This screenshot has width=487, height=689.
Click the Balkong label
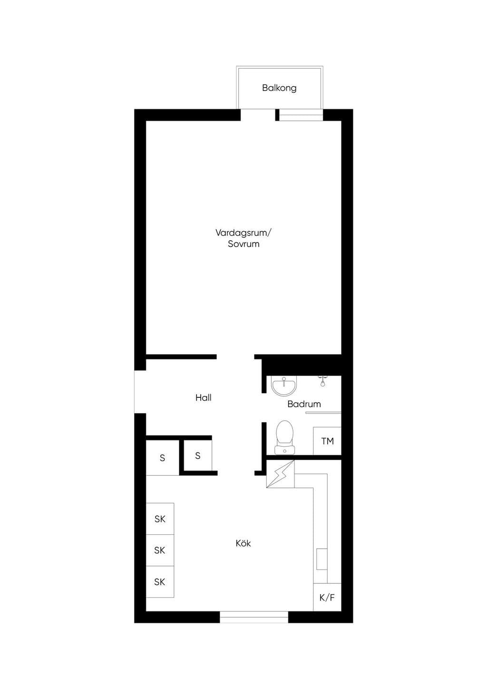coord(279,88)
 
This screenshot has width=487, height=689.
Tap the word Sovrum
coord(243,244)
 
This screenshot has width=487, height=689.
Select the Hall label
coord(203,398)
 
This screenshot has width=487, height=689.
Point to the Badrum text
coord(304,404)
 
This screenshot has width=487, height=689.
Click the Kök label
coord(243,543)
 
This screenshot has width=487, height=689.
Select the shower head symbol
coord(322,381)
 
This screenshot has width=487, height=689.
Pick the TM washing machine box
coord(327,441)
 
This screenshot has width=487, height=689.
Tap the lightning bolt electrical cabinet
coord(280,474)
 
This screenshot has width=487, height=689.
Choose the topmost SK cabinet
coord(160,519)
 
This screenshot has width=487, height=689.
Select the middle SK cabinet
coord(160,550)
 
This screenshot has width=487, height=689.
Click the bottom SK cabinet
coord(160,581)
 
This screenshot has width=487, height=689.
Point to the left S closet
coord(162,458)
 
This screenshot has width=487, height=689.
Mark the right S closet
coord(198,455)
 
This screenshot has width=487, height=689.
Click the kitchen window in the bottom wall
coord(254,617)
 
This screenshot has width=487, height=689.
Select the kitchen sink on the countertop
coord(321,559)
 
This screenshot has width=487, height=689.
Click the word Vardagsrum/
coord(243,233)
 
